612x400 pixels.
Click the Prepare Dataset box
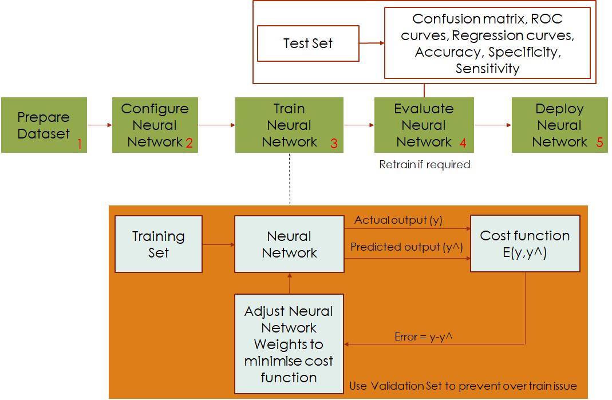(44, 125)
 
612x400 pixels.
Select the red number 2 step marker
(188, 143)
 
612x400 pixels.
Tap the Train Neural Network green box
(289, 125)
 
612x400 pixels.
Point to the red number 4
(463, 143)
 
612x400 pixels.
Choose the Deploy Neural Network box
(559, 125)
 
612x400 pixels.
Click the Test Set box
(308, 43)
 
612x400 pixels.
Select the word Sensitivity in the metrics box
(487, 69)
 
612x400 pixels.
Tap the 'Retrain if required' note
(424, 165)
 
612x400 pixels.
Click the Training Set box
(159, 244)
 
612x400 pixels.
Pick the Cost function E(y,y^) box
(525, 244)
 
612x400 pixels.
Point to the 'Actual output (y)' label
(398, 220)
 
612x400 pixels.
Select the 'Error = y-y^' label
(424, 337)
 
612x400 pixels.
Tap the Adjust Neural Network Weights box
(289, 344)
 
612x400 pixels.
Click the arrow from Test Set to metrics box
(372, 43)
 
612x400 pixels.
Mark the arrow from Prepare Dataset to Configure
(100, 125)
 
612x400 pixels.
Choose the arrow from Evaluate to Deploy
(492, 125)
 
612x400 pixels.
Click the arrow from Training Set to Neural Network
(218, 244)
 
